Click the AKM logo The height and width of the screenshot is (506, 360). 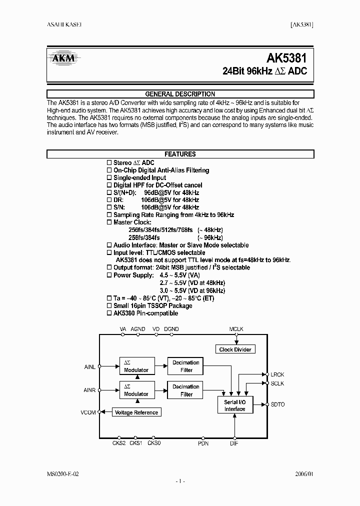click(63, 58)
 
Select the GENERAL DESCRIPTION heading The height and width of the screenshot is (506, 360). click(180, 94)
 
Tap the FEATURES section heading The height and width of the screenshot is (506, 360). click(180, 154)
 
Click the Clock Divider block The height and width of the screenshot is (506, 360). click(235, 349)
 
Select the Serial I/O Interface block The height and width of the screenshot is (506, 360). click(234, 405)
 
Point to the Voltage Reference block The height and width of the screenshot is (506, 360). click(136, 412)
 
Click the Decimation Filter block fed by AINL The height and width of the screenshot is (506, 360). click(186, 366)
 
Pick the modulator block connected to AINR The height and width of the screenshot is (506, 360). click(136, 390)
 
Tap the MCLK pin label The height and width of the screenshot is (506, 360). click(235, 329)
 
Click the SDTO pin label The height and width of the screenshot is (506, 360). click(277, 404)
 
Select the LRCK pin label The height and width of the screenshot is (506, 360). click(277, 374)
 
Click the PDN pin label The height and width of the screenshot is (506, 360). click(203, 443)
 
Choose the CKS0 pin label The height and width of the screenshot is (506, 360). click(154, 443)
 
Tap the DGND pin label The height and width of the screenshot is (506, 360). click(171, 329)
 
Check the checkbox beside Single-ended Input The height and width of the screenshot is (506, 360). click(110, 178)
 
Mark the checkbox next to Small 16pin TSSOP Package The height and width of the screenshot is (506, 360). click(110, 306)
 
